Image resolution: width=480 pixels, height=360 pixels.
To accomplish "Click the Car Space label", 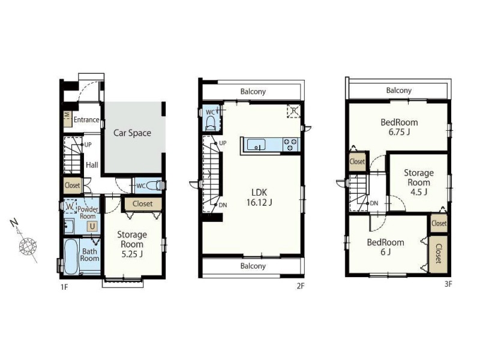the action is [132, 133].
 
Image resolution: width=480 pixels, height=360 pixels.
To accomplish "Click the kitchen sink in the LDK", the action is [256, 145].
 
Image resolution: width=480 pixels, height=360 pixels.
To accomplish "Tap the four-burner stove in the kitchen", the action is [290, 145].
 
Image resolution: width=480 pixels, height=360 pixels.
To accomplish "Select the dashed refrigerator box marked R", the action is [294, 111].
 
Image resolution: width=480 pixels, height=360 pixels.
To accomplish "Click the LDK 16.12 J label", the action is [259, 197].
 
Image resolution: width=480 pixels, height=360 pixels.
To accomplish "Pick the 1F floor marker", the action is [64, 287].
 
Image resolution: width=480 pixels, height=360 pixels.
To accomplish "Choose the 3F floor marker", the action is [448, 284].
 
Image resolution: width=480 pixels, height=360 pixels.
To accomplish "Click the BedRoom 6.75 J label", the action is [399, 127].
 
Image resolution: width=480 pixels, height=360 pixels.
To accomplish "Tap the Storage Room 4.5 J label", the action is [419, 182].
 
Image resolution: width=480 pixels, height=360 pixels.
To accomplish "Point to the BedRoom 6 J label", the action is [385, 247].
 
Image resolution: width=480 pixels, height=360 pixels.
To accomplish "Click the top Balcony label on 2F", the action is [253, 92].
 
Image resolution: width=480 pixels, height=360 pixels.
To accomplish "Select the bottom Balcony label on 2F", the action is [253, 266].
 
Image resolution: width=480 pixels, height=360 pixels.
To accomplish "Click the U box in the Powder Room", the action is [92, 227].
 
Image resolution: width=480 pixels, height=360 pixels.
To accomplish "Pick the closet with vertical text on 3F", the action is [438, 254].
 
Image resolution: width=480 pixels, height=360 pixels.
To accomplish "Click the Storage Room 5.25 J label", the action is [132, 244].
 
